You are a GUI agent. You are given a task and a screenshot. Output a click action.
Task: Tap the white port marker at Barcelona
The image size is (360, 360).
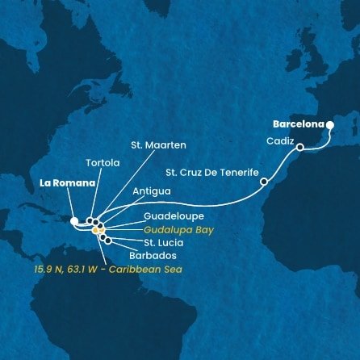tap(329, 124)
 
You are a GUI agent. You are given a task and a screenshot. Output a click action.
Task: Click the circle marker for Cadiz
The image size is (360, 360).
tap(299, 148)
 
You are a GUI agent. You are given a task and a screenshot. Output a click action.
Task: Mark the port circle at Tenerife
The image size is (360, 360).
tap(264, 182)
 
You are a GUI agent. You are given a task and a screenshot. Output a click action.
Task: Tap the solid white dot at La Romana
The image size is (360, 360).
tap(73, 220)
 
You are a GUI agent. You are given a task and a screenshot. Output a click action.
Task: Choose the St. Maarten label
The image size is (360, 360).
tap(158, 146)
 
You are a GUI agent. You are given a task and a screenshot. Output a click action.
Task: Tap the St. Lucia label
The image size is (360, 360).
tap(164, 241)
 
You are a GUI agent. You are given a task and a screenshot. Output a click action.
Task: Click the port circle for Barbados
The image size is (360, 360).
tap(108, 241)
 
